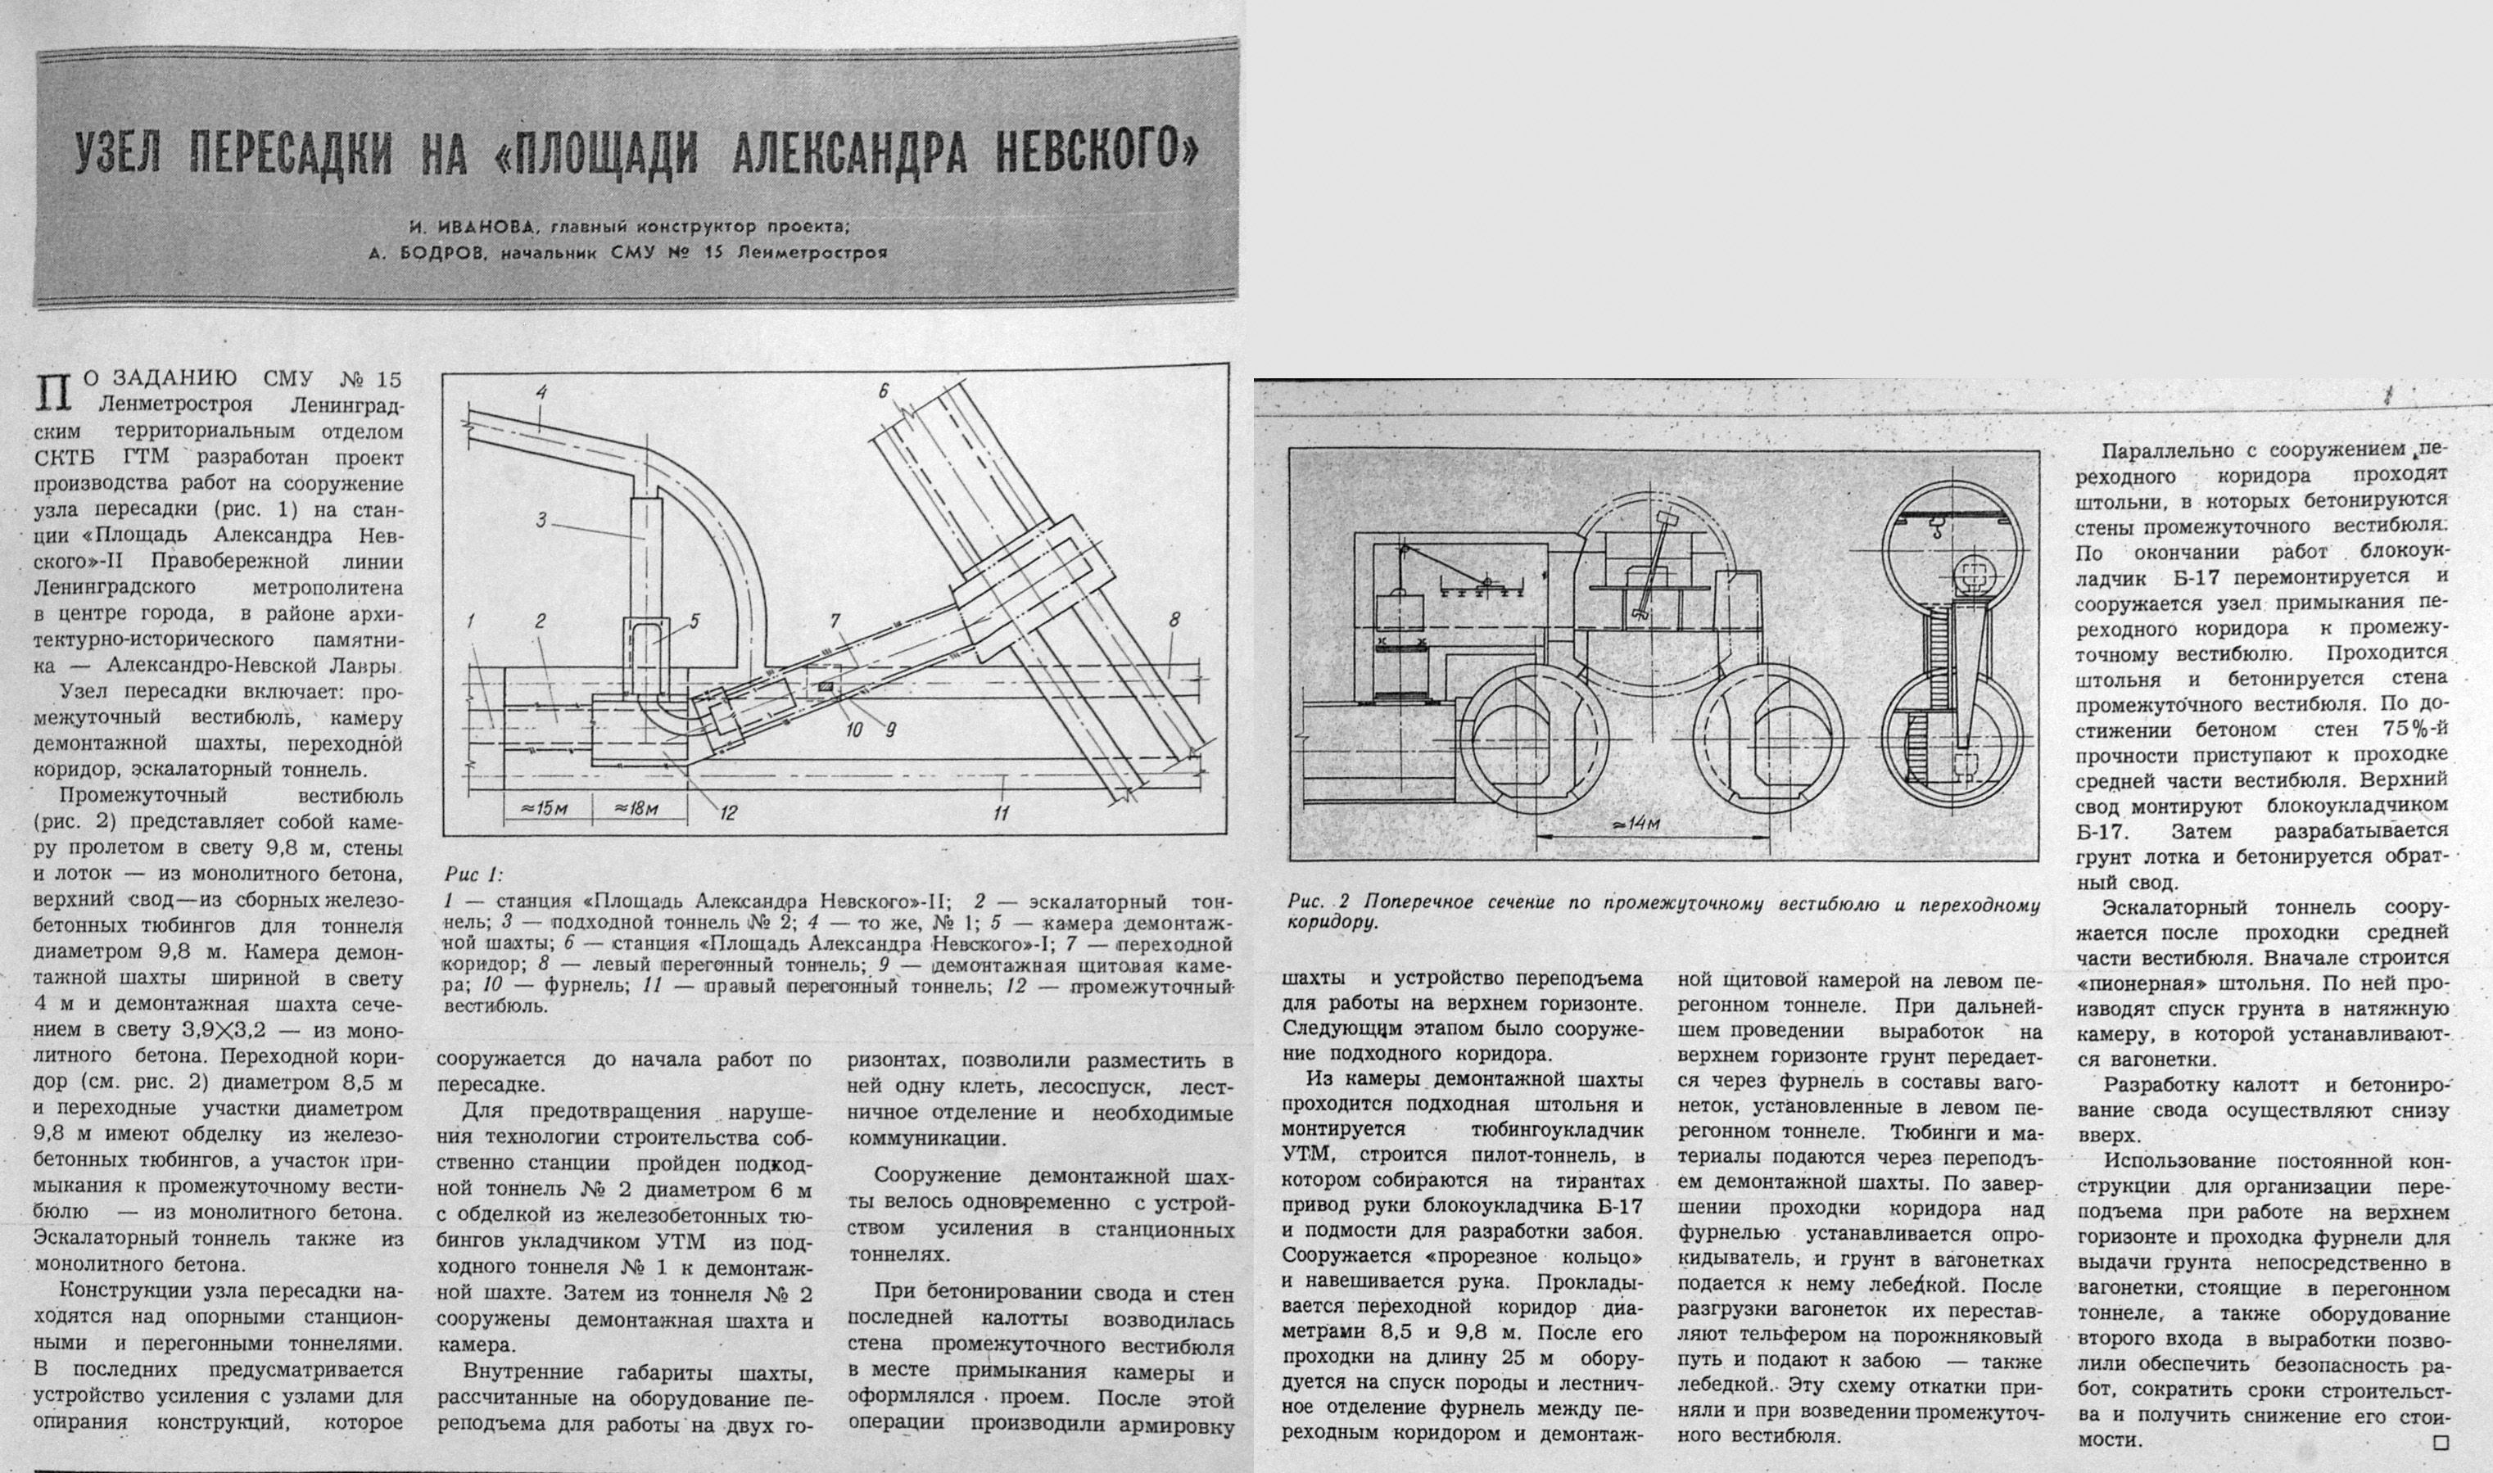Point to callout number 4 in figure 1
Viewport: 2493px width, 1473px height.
point(542,393)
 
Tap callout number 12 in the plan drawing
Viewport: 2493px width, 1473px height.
point(728,813)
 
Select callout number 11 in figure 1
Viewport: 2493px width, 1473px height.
point(1002,813)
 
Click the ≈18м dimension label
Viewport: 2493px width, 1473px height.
point(636,808)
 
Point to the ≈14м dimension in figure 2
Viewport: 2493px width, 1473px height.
point(1638,823)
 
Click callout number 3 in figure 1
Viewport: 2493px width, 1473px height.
point(541,518)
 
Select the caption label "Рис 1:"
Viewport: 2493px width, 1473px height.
point(473,874)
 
